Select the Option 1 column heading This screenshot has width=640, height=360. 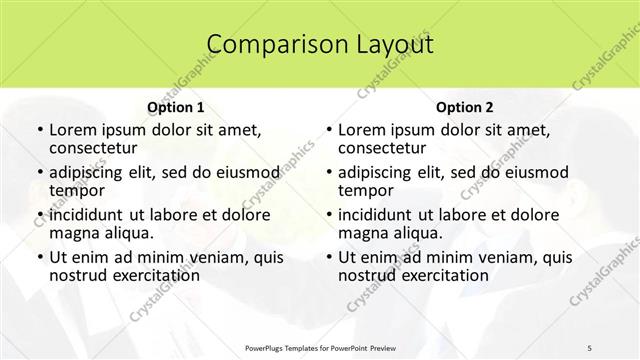(176, 106)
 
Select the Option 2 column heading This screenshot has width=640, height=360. (465, 106)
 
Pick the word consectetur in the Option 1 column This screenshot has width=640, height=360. (97, 148)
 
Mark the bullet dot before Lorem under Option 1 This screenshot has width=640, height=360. (38, 131)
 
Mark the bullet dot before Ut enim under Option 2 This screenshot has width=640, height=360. (327, 257)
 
